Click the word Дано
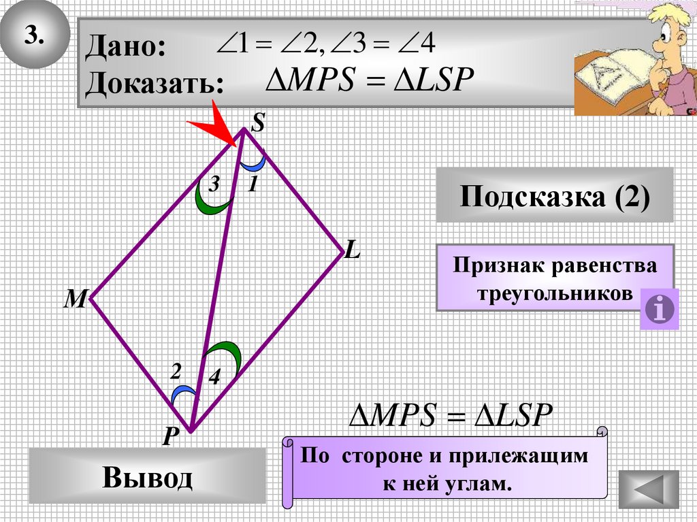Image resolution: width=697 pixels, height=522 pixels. (x=125, y=48)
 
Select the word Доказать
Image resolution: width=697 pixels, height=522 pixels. (x=155, y=84)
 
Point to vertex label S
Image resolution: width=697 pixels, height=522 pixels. (x=259, y=123)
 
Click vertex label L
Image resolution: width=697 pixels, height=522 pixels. (x=352, y=252)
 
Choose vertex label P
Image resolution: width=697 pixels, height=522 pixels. (x=170, y=436)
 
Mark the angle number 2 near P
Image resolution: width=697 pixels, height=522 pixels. (x=176, y=372)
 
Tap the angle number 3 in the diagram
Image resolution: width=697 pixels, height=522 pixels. (x=214, y=184)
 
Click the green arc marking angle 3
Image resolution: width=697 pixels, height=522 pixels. (x=207, y=199)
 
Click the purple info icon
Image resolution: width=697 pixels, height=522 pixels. (x=660, y=310)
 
